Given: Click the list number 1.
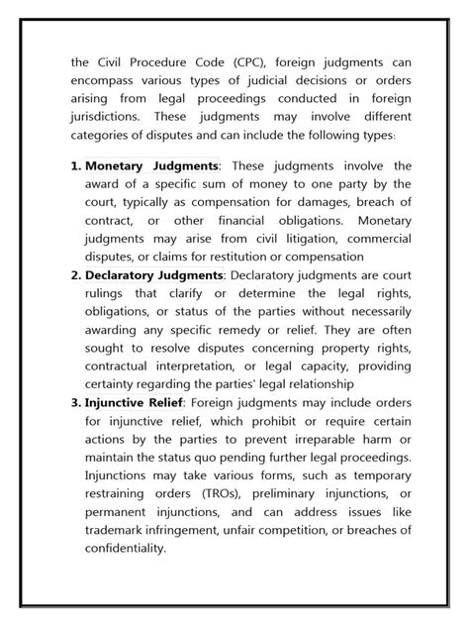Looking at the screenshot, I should click(75, 165).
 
